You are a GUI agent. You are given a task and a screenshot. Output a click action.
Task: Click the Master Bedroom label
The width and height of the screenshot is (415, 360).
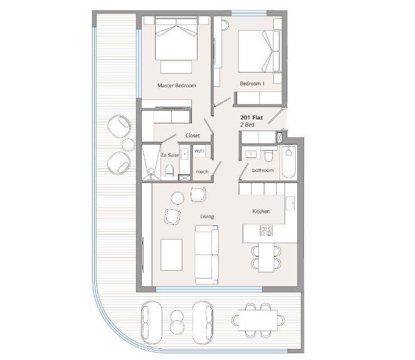[x=176, y=85]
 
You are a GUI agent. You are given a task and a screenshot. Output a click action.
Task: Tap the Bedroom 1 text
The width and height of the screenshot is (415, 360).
[x=252, y=84]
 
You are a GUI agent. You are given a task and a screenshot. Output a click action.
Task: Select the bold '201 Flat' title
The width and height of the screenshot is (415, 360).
[x=252, y=118]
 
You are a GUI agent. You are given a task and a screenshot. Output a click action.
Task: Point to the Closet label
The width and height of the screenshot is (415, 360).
[x=192, y=136]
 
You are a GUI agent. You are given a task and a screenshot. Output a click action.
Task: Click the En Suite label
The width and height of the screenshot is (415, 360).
[x=170, y=155]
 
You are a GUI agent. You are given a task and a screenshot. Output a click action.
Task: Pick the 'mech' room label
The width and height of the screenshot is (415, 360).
[x=202, y=172]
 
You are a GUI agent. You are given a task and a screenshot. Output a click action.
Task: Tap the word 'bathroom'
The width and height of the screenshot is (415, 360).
[x=263, y=170]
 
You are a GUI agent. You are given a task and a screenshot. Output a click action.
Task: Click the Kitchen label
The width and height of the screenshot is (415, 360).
[x=261, y=212]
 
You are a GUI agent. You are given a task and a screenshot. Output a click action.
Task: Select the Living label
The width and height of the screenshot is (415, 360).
[x=207, y=217]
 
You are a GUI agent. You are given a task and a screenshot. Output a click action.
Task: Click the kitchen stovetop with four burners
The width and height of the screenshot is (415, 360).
[x=266, y=231]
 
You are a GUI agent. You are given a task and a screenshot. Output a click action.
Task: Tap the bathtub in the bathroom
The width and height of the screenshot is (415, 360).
[x=288, y=162]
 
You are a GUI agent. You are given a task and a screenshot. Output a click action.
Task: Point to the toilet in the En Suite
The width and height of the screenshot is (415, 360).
[x=170, y=170]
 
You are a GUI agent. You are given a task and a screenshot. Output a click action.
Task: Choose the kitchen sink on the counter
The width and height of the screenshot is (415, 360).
[x=290, y=204]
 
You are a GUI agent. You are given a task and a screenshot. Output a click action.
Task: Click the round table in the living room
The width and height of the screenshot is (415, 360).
[x=177, y=198]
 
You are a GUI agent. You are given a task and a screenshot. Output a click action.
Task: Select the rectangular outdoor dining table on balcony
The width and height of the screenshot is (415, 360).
[x=258, y=320]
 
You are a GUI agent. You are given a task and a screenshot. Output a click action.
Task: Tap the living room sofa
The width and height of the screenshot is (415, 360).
[x=207, y=255]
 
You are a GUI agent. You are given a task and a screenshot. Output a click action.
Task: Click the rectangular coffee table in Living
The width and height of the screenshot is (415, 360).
[x=171, y=255]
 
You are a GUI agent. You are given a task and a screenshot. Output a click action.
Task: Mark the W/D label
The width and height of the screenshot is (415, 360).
[x=199, y=151]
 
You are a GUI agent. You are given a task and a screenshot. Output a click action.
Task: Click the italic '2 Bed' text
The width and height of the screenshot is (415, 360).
[x=247, y=125]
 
